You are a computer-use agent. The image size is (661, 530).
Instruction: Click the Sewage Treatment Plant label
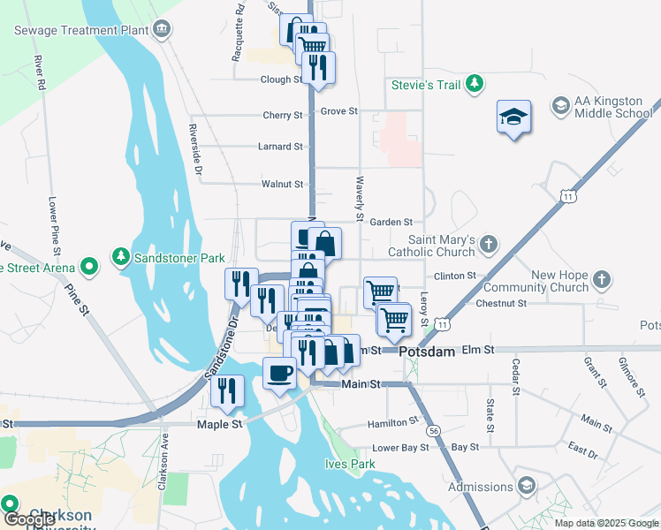(80, 30)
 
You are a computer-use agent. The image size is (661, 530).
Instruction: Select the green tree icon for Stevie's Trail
(475, 84)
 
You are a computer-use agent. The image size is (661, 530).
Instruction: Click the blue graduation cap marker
(513, 117)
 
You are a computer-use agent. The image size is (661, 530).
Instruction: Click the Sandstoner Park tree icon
(120, 257)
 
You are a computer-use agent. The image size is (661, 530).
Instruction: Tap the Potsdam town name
(427, 352)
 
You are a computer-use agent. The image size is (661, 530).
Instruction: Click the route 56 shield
(432, 429)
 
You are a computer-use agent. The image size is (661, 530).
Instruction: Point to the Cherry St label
(283, 116)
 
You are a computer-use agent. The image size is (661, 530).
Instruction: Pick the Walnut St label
(283, 185)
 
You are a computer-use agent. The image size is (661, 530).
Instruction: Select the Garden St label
(391, 223)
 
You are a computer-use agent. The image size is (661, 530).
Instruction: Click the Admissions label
(481, 487)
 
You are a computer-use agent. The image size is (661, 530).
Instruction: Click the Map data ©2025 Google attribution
(605, 523)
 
